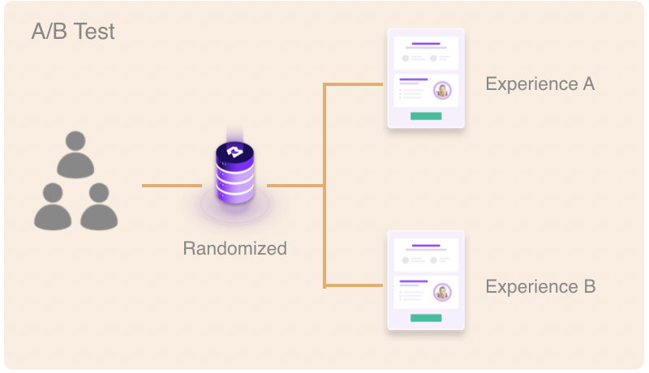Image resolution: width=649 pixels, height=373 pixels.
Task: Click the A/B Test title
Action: tap(73, 32)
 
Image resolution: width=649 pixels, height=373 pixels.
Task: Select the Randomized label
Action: tap(234, 248)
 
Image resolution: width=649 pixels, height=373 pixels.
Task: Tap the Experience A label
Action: tap(540, 84)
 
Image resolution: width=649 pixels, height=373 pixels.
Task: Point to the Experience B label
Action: tap(540, 286)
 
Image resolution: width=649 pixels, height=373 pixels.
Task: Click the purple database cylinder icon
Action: tap(234, 172)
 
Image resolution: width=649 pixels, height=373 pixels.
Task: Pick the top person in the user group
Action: tap(76, 152)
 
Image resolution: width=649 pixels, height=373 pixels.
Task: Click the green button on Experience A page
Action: tap(426, 116)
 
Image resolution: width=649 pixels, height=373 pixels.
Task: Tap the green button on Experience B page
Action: tap(426, 318)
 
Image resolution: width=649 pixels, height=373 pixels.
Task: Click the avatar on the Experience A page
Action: tap(442, 90)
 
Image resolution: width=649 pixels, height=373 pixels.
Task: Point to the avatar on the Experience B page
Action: tap(442, 292)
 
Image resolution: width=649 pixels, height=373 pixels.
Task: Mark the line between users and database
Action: tap(170, 186)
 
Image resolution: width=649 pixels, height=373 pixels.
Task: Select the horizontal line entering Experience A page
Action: tap(354, 84)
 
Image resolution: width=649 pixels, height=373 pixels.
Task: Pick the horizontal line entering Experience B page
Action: tap(354, 285)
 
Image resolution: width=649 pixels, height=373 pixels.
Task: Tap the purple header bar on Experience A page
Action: tap(426, 43)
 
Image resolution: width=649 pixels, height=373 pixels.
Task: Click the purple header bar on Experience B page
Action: tap(426, 245)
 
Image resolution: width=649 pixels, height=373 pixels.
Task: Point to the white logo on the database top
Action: tap(234, 152)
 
